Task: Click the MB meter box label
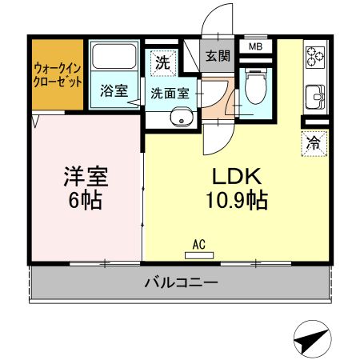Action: pos(256,46)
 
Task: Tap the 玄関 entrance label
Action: pos(218,56)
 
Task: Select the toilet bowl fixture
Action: pos(256,86)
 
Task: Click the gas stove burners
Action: pos(315,56)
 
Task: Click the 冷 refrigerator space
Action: pos(314,143)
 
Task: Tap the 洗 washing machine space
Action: pos(162,63)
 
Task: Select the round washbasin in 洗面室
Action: pos(182,118)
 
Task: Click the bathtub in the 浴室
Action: pos(114,56)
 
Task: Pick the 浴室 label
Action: pos(114,90)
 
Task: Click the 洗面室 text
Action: pos(170,93)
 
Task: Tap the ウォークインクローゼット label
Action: pos(58,75)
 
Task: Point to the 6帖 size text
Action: pos(86,200)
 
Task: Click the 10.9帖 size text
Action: pos(237,200)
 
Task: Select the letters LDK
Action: pos(237,177)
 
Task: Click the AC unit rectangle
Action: pos(199,255)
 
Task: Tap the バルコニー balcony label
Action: pos(182,282)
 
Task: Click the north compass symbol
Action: pos(313,339)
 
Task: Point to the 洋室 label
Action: pos(86,177)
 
